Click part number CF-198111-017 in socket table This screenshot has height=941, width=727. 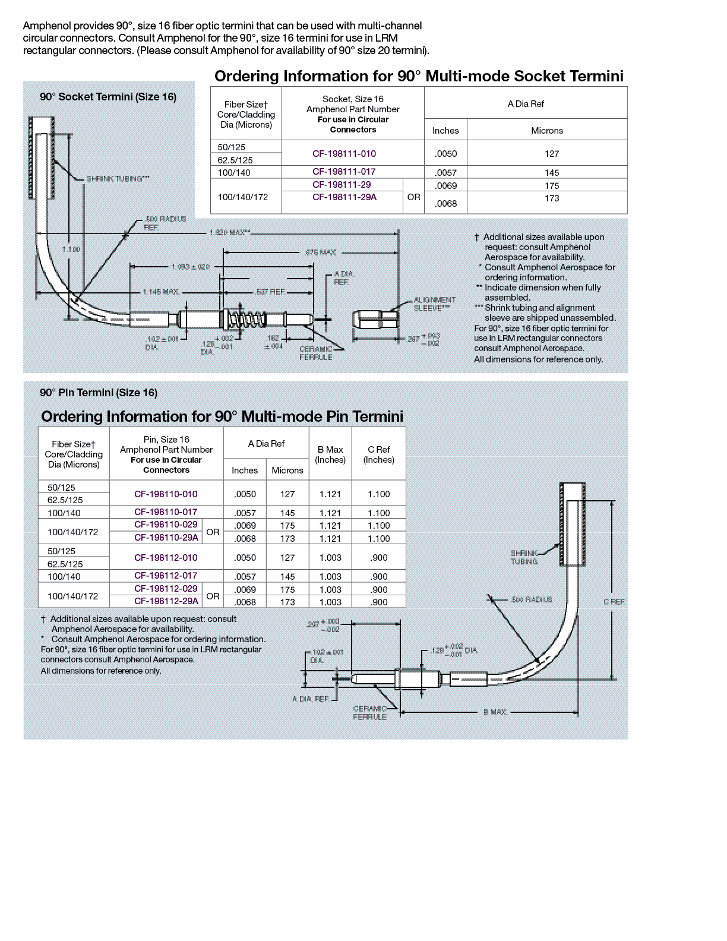344,172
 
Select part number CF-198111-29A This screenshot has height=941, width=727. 344,197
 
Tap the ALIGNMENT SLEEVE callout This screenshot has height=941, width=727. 435,304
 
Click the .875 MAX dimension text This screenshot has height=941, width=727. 320,252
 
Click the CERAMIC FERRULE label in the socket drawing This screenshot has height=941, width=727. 315,353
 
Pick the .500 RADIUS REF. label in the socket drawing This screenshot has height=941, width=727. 165,223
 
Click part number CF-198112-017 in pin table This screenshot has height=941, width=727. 166,576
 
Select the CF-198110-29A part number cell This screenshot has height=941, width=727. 166,538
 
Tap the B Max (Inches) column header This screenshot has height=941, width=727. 330,454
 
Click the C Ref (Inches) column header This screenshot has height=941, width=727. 378,454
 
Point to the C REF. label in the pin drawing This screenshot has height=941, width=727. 614,602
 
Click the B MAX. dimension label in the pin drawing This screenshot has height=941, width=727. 495,712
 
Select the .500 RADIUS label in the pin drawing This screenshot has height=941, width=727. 531,599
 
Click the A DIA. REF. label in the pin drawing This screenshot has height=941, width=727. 310,699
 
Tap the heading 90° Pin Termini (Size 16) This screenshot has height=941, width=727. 99,393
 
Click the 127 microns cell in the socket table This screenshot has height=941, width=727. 552,153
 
